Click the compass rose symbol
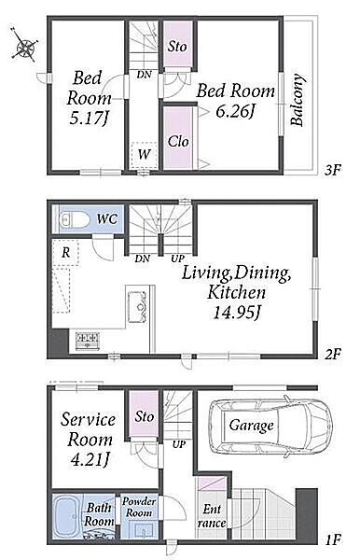[24, 44]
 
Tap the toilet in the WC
[75, 219]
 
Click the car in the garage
[270, 427]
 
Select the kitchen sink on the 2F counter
[137, 307]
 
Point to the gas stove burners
[87, 341]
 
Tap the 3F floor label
[332, 170]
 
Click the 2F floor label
[332, 354]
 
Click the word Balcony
[298, 100]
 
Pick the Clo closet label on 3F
[178, 142]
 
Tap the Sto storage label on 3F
[177, 46]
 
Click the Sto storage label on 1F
[145, 416]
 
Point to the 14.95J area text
[237, 313]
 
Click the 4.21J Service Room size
[90, 460]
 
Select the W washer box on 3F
[145, 155]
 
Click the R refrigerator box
[65, 253]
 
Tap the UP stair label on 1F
[179, 444]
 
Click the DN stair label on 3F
[145, 75]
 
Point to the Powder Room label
[139, 507]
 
